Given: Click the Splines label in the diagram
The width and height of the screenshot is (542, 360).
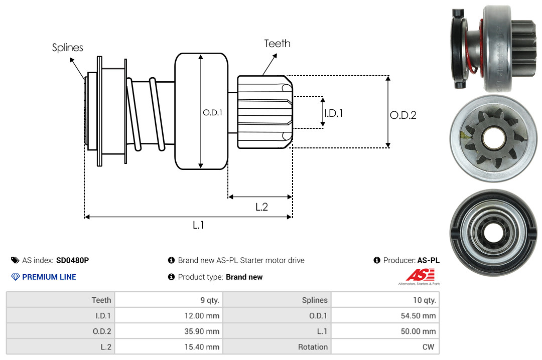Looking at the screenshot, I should (x=68, y=48).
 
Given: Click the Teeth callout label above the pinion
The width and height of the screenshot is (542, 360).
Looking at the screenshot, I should (x=277, y=44).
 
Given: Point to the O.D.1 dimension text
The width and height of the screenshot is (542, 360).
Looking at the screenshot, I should (x=212, y=113).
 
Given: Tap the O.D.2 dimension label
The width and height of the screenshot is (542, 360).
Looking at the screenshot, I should (x=403, y=115).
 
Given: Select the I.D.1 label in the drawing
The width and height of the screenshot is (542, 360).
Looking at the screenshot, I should (x=333, y=113).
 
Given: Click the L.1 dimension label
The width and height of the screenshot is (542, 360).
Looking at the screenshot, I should (x=199, y=225).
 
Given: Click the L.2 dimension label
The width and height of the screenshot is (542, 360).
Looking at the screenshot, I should (x=261, y=207).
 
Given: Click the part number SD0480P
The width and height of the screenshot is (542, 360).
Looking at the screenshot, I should (x=72, y=260).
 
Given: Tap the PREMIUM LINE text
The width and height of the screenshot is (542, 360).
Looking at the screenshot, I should (x=49, y=277).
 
